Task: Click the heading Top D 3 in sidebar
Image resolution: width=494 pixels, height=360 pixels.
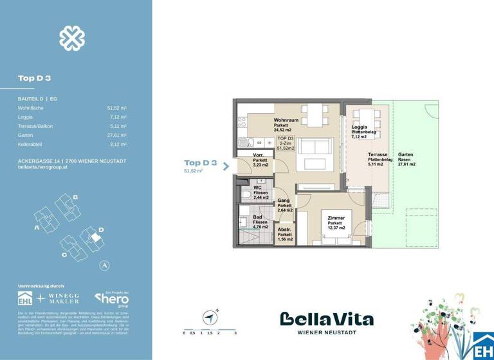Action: [35, 78]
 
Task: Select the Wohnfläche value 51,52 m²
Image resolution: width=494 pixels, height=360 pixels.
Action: [116, 109]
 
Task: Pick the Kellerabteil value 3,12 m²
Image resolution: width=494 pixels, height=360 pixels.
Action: [117, 145]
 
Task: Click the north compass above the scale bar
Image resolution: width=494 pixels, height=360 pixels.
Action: [209, 317]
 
